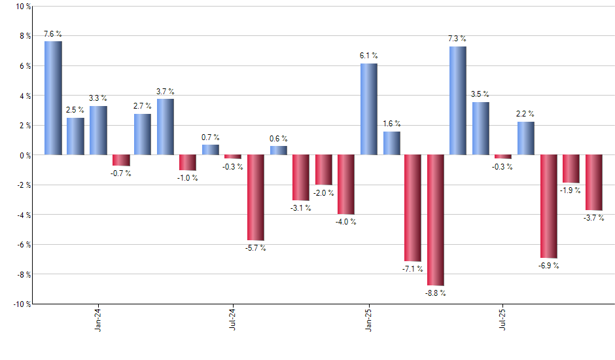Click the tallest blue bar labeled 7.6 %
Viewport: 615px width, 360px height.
pyautogui.click(x=53, y=98)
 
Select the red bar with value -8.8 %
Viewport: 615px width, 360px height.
pyautogui.click(x=436, y=220)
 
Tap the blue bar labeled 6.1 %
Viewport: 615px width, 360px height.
pyautogui.click(x=368, y=109)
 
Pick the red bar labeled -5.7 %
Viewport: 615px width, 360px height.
pyautogui.click(x=255, y=197)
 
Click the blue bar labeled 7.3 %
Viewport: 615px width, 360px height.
pyautogui.click(x=458, y=101)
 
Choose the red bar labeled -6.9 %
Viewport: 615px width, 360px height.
pyautogui.click(x=548, y=206)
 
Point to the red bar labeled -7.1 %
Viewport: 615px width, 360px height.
pyautogui.click(x=413, y=208)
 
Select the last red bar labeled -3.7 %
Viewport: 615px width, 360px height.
pyautogui.click(x=593, y=183)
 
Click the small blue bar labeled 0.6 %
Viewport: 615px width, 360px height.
pyautogui.click(x=278, y=151)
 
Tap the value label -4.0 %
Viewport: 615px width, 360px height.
pyautogui.click(x=346, y=222)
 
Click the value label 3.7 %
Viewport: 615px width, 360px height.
pyautogui.click(x=166, y=92)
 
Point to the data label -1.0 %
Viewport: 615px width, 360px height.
pyautogui.click(x=188, y=179)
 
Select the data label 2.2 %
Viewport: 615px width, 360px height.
pyautogui.click(x=525, y=114)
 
